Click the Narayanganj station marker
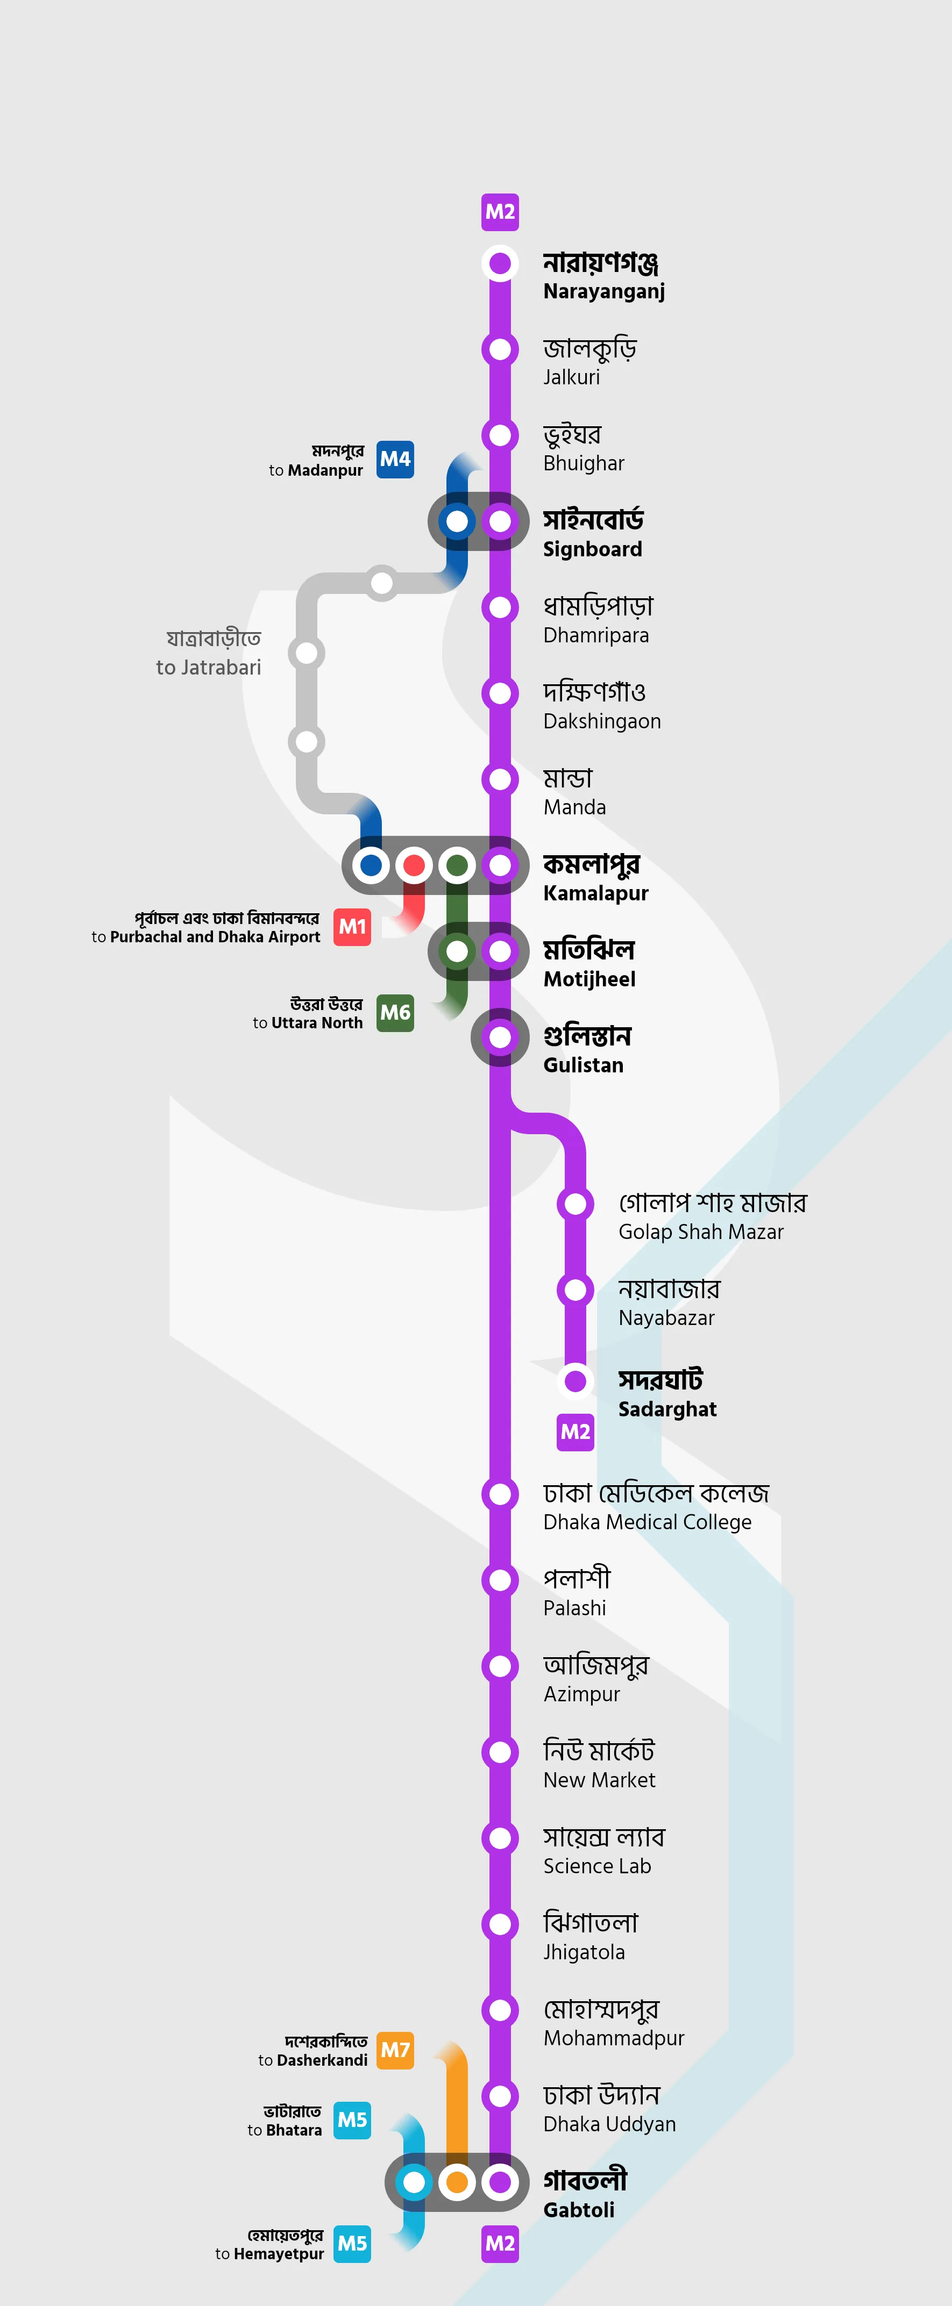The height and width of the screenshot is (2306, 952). [500, 263]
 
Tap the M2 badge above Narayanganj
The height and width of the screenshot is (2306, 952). [500, 212]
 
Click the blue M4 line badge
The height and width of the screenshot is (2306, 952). [395, 459]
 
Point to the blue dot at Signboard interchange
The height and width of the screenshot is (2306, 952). [457, 521]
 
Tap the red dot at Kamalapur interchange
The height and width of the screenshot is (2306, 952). [414, 865]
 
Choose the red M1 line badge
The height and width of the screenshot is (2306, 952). [352, 927]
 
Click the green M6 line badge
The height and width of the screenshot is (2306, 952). [395, 1013]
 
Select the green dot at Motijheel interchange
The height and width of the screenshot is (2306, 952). [457, 951]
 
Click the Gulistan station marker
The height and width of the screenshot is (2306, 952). [500, 1037]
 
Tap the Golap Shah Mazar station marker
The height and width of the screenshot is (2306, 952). [575, 1203]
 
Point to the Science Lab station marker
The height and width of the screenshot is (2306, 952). [500, 1838]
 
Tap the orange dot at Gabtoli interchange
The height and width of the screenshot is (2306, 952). [457, 2182]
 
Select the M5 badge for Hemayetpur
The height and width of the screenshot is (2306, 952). [352, 2243]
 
